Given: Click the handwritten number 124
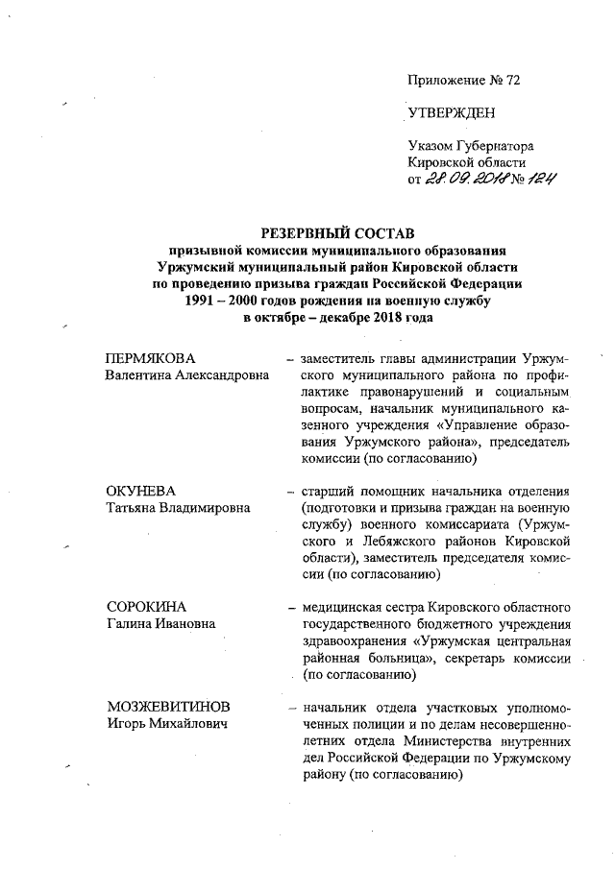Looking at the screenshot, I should tap(540, 178).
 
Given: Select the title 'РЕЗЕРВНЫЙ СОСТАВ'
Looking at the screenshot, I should tap(336, 233).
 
